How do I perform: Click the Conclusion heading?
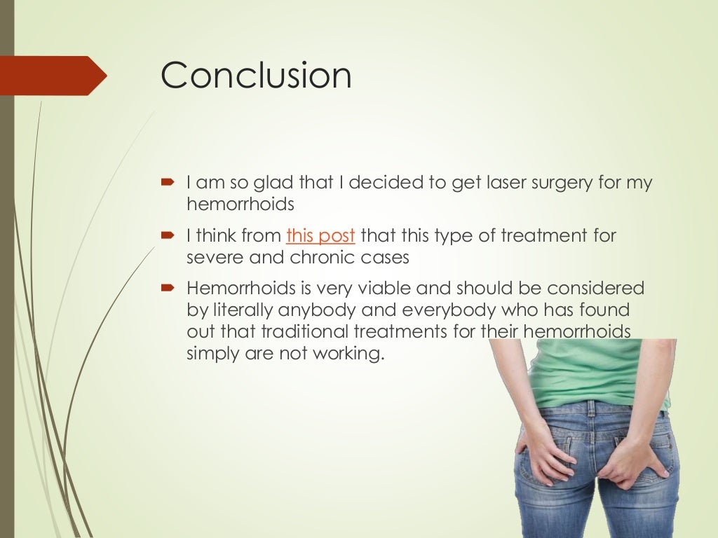(255, 75)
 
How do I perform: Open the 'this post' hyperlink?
(320, 236)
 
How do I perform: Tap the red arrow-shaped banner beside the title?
(53, 76)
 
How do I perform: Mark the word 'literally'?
(239, 310)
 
